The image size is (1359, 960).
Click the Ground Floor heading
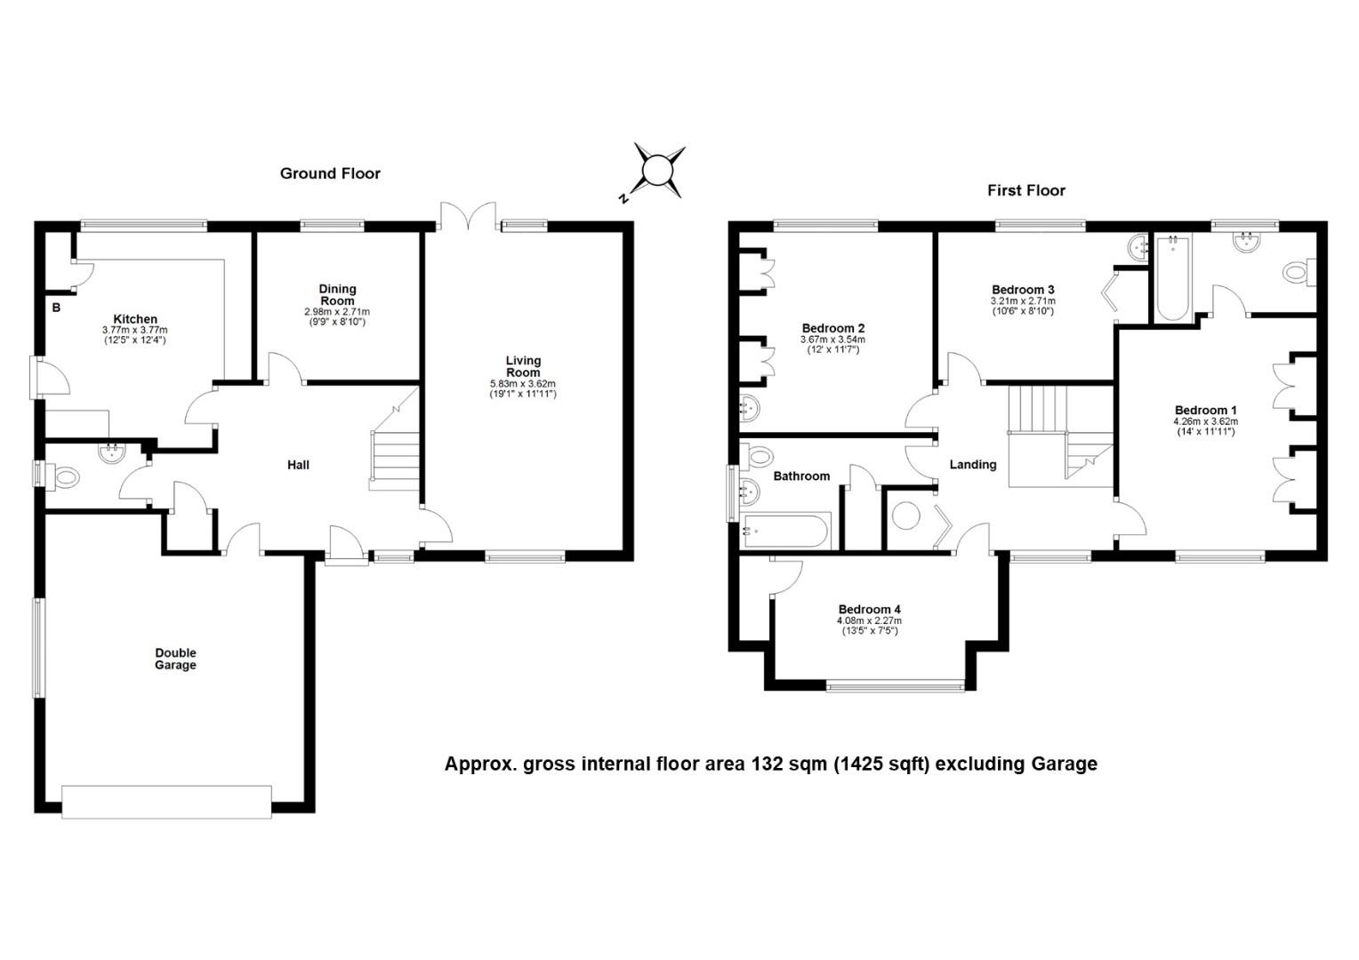[x=330, y=173]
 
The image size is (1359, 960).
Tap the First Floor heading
[x=1026, y=190]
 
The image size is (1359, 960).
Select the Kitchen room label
[x=135, y=319]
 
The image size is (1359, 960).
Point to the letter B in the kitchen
[x=56, y=308]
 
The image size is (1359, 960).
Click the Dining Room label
[x=337, y=295]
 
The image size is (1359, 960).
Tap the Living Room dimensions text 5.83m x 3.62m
[x=522, y=384]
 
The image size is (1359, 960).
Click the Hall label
[x=298, y=465]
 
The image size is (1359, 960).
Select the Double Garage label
[x=175, y=659]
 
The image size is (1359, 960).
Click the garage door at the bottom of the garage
[x=167, y=803]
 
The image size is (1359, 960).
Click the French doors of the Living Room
[x=469, y=217]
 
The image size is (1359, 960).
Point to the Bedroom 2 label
[x=833, y=329]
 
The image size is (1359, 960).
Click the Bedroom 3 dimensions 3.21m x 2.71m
[x=1023, y=300]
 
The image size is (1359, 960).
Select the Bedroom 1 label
[x=1205, y=411]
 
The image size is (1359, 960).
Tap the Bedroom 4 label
[x=870, y=610]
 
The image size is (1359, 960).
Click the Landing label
[x=973, y=465]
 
